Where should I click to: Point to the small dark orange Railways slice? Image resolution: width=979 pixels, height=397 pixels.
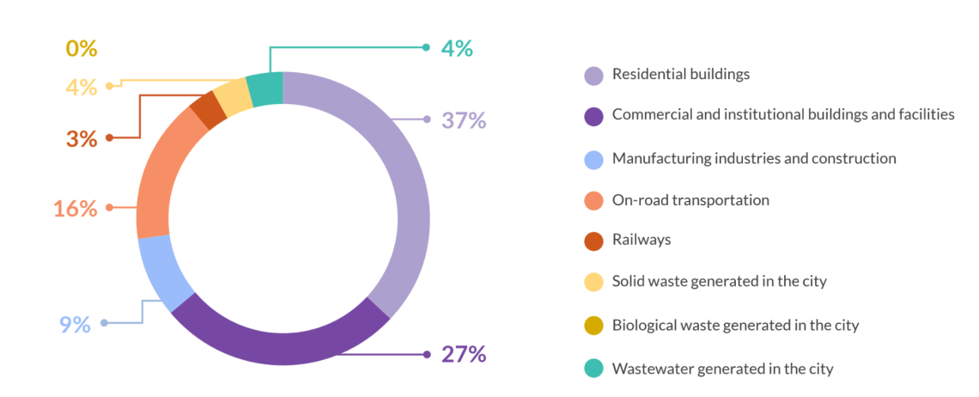[207, 110]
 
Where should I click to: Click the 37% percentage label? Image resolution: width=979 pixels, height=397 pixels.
[464, 120]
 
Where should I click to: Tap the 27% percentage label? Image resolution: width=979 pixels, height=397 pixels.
[464, 354]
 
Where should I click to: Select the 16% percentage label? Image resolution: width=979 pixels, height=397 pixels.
[76, 208]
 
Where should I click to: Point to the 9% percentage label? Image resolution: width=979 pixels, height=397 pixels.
[75, 325]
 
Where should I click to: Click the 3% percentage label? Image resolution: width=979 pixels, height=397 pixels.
[82, 138]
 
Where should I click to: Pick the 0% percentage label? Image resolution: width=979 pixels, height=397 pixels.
[82, 48]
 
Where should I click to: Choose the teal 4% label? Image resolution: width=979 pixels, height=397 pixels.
[457, 48]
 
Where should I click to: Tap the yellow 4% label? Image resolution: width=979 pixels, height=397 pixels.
[82, 87]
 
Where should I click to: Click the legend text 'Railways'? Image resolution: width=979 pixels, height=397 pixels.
[641, 240]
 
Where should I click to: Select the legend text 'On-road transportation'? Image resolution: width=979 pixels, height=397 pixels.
[690, 200]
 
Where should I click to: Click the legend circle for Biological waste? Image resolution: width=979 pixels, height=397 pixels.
[593, 327]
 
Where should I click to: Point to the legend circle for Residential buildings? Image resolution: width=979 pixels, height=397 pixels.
[593, 75]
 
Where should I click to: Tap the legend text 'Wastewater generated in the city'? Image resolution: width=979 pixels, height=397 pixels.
[722, 369]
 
